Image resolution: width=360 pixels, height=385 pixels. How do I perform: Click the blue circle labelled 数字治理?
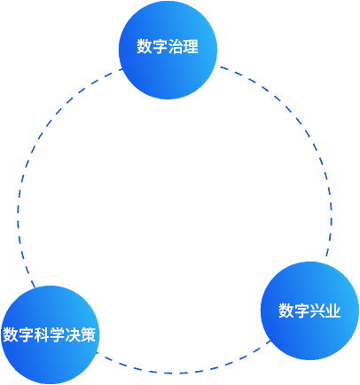168,50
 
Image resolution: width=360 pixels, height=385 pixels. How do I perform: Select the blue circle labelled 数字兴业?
309,310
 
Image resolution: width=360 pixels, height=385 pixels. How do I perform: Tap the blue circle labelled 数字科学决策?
50,334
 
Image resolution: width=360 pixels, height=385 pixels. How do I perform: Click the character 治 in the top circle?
176,46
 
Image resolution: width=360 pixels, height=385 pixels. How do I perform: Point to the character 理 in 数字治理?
191,46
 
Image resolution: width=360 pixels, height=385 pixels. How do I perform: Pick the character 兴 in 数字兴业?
317,310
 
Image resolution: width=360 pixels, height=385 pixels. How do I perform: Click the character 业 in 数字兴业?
333,310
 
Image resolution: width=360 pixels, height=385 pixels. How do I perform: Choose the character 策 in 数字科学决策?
88,334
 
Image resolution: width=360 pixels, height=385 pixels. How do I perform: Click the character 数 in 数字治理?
145,46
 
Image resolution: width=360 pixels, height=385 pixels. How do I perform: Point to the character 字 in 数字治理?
160,46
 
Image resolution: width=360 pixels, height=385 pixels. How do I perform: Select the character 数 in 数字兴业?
286,310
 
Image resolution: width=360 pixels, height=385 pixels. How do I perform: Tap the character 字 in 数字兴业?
301,310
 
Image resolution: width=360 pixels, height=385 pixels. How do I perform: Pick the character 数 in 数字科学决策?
11,334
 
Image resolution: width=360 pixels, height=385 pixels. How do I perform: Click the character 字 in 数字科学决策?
26,334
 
